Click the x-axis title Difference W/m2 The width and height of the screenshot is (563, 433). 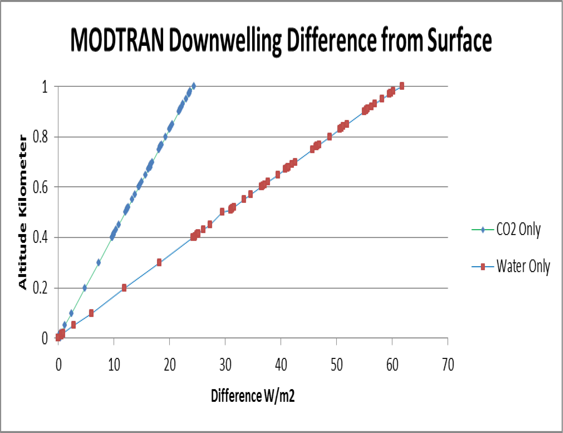point(253,396)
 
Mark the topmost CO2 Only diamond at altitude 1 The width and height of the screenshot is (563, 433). point(193,86)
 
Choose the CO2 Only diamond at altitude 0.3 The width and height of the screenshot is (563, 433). point(98,263)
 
